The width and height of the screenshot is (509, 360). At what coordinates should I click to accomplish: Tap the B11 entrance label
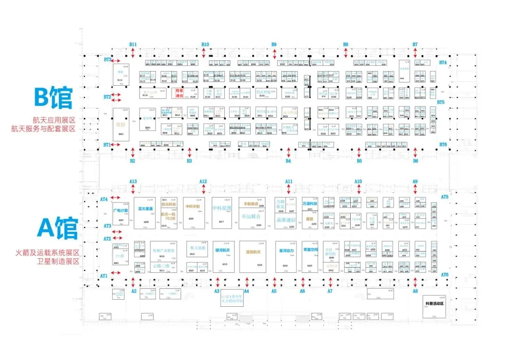pyautogui.click(x=133, y=44)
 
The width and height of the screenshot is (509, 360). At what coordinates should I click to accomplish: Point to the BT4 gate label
pyautogui.click(x=443, y=63)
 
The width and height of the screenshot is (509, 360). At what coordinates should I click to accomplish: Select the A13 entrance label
pyautogui.click(x=133, y=181)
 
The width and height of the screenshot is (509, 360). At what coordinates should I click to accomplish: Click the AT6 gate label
pyautogui.click(x=444, y=275)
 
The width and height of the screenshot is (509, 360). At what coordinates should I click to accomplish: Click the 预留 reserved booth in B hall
pyautogui.click(x=120, y=125)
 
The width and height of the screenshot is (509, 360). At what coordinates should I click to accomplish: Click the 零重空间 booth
pyautogui.click(x=309, y=250)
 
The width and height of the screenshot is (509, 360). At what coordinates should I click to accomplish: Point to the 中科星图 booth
pyautogui.click(x=222, y=207)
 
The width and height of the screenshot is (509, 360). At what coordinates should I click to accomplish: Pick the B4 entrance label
pyautogui.click(x=288, y=161)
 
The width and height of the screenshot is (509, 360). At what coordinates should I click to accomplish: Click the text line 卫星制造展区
pyautogui.click(x=58, y=262)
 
